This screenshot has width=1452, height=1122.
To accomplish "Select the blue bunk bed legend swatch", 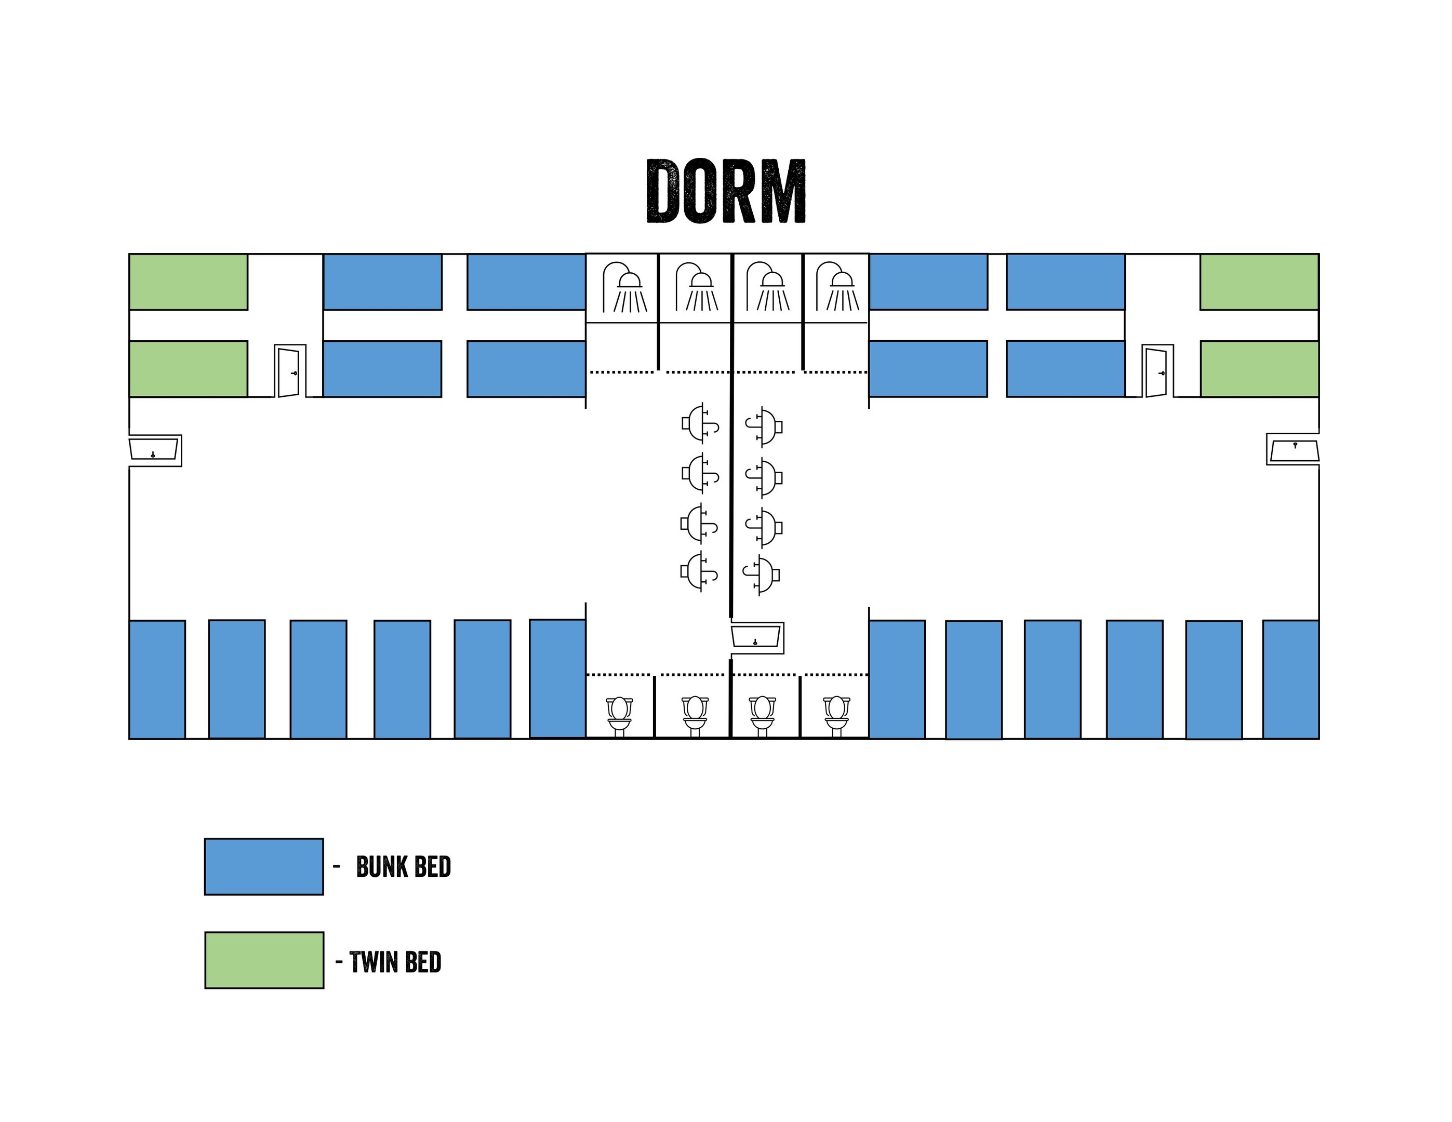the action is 264,867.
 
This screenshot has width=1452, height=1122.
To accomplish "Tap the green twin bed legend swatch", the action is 264,960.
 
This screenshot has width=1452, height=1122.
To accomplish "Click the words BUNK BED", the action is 404,867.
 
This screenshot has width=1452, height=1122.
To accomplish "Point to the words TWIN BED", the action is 395,963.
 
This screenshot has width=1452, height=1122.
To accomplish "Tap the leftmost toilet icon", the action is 620,716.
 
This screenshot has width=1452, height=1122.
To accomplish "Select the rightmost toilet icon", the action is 836,716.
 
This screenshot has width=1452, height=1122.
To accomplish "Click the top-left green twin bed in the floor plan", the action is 188,282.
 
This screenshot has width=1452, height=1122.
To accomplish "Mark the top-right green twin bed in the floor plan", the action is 1259,282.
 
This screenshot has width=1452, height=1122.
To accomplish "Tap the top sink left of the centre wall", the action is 700,422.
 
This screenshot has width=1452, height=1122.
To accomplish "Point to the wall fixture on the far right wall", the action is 1293,449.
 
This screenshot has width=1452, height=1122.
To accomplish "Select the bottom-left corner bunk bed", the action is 157,679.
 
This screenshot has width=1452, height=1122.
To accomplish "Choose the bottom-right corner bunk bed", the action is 1291,679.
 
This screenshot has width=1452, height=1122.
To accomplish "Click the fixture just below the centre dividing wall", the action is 756,637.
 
